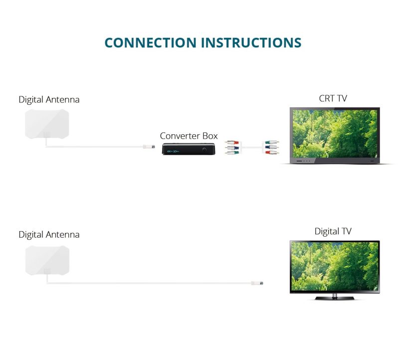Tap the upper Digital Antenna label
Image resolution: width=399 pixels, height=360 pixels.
49,99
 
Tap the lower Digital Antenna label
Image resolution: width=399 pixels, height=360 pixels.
49,234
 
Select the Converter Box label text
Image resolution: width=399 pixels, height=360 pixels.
189,136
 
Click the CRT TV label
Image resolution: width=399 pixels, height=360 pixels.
333,98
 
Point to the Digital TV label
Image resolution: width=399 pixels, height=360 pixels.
333,231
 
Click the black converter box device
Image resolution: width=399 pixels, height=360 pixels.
189,149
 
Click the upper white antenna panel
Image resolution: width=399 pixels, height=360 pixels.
47,124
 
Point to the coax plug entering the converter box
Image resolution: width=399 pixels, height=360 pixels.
147,146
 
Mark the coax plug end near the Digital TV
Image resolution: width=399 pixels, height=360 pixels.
260,283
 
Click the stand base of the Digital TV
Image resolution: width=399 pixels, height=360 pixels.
335,298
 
